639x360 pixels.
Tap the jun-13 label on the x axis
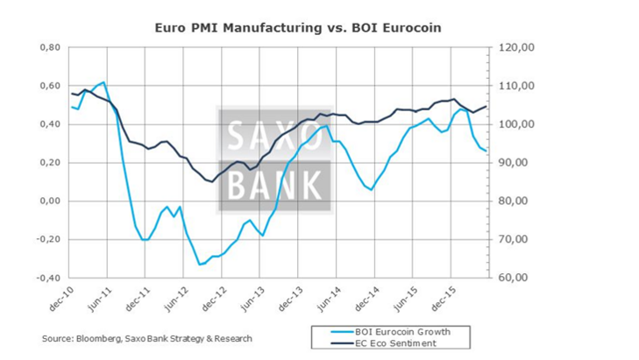[x=253, y=298]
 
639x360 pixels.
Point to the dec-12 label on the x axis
[x=216, y=298]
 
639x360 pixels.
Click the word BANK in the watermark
[x=275, y=185]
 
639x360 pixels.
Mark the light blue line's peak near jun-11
[x=103, y=82]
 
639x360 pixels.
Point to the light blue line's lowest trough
[x=200, y=264]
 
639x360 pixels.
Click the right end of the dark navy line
[x=486, y=106]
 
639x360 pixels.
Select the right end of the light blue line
[x=486, y=152]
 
